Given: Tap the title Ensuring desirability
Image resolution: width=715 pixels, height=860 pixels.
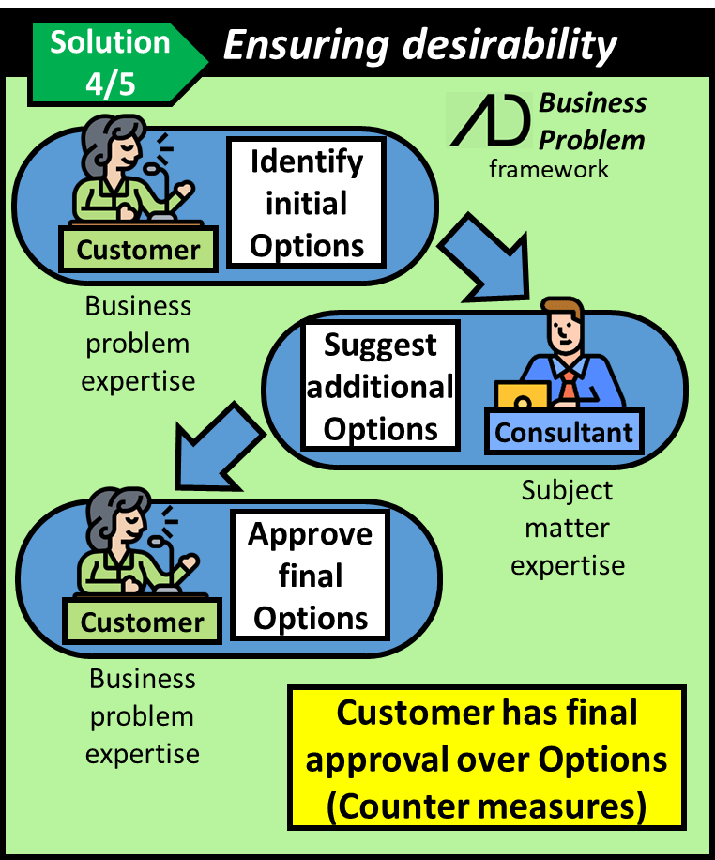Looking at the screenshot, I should coord(419,44).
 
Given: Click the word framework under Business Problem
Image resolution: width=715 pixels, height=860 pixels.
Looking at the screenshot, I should coord(549,169).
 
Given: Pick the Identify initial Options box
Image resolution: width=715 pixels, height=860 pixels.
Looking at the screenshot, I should coord(306,203).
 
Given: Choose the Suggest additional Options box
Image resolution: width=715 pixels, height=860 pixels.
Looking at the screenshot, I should coord(381,387).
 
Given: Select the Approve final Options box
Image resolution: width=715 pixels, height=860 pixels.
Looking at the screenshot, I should coord(311,576).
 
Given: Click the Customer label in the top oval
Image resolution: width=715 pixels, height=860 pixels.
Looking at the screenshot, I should coord(138,250).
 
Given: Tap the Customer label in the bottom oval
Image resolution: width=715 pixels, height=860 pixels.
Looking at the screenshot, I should coord(142,622).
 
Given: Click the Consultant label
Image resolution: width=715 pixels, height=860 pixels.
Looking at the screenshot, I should coord(564,432).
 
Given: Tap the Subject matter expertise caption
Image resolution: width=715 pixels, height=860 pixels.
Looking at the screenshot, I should coord(567,528).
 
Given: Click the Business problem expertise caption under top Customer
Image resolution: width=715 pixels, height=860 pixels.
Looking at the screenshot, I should coord(138,344).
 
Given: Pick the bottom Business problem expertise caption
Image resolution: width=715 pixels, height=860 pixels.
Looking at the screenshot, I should coord(143,715).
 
